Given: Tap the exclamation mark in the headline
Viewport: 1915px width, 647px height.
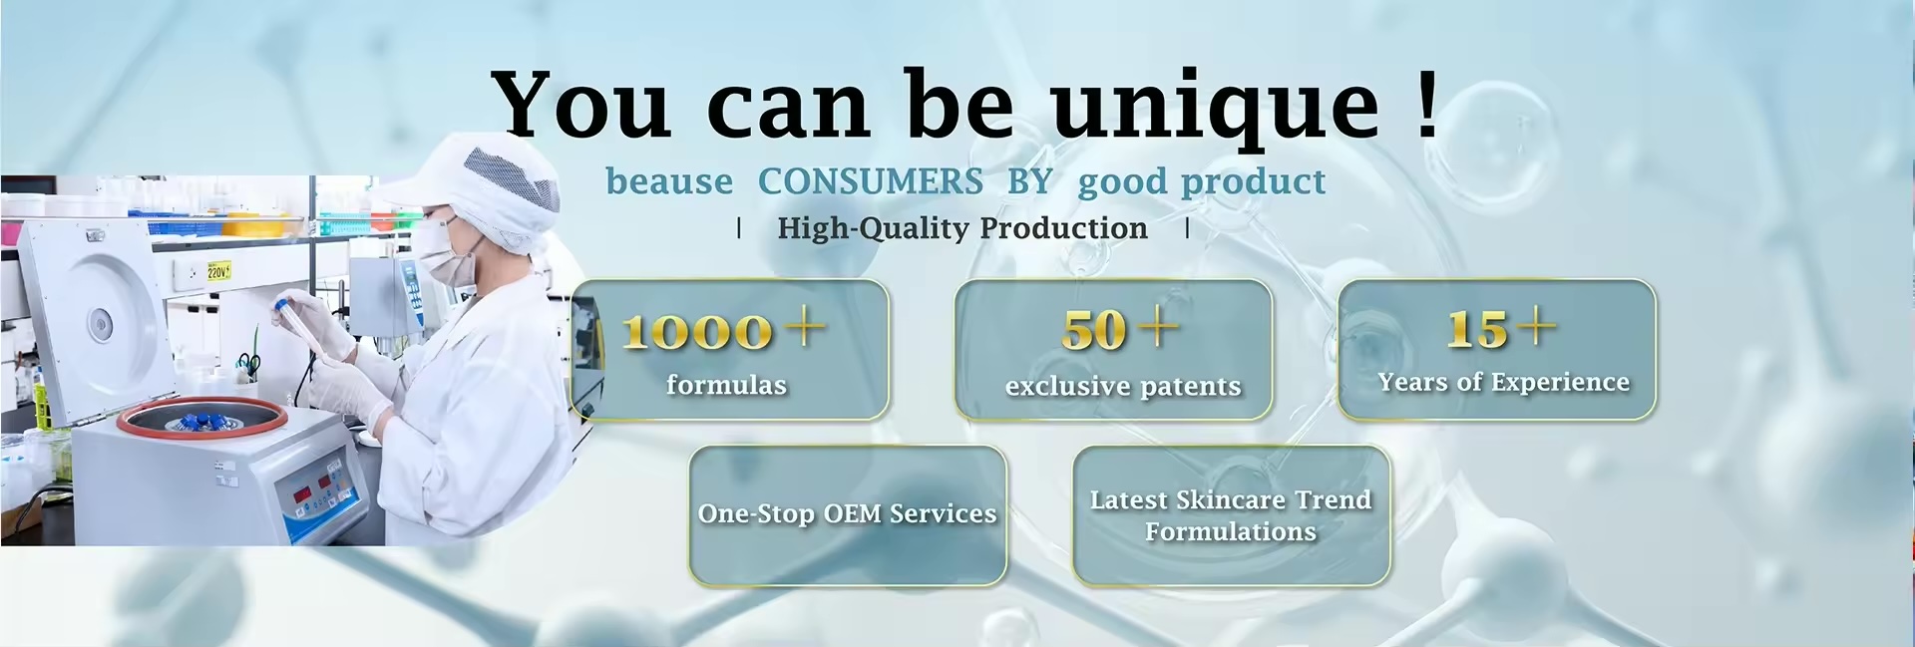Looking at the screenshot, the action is pyautogui.click(x=1427, y=102).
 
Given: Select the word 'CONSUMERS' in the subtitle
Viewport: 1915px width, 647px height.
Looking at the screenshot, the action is pyautogui.click(x=871, y=181).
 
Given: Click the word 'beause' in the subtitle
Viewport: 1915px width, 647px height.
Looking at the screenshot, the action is pyautogui.click(x=669, y=181).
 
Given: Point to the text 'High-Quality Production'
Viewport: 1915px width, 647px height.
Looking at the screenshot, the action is pyautogui.click(x=962, y=228).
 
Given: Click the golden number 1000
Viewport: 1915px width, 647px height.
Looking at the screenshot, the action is pyautogui.click(x=697, y=331).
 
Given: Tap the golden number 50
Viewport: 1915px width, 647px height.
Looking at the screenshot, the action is pyautogui.click(x=1094, y=330).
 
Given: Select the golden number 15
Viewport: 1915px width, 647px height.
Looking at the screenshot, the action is pyautogui.click(x=1477, y=330).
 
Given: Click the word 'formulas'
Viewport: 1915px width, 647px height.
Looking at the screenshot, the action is pyautogui.click(x=726, y=385).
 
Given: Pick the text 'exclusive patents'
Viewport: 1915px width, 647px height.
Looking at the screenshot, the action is pyautogui.click(x=1123, y=386).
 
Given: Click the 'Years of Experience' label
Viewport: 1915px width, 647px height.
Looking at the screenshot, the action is pyautogui.click(x=1503, y=382).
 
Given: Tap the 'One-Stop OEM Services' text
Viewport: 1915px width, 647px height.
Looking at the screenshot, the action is pyautogui.click(x=847, y=513).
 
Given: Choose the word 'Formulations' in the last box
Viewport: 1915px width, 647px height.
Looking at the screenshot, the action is pyautogui.click(x=1231, y=531).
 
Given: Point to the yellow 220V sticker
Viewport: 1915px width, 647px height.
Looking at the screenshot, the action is pyautogui.click(x=218, y=270).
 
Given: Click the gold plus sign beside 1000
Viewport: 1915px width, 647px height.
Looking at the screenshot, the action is pyautogui.click(x=806, y=325).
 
